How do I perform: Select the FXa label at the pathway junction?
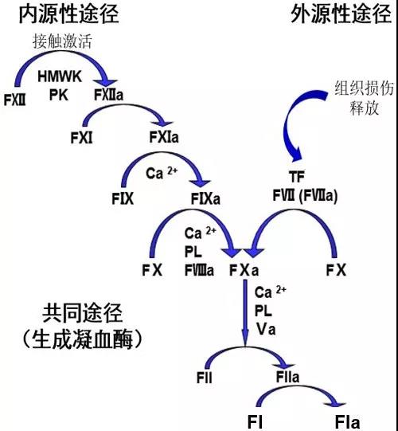243,269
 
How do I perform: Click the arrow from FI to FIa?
299,394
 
